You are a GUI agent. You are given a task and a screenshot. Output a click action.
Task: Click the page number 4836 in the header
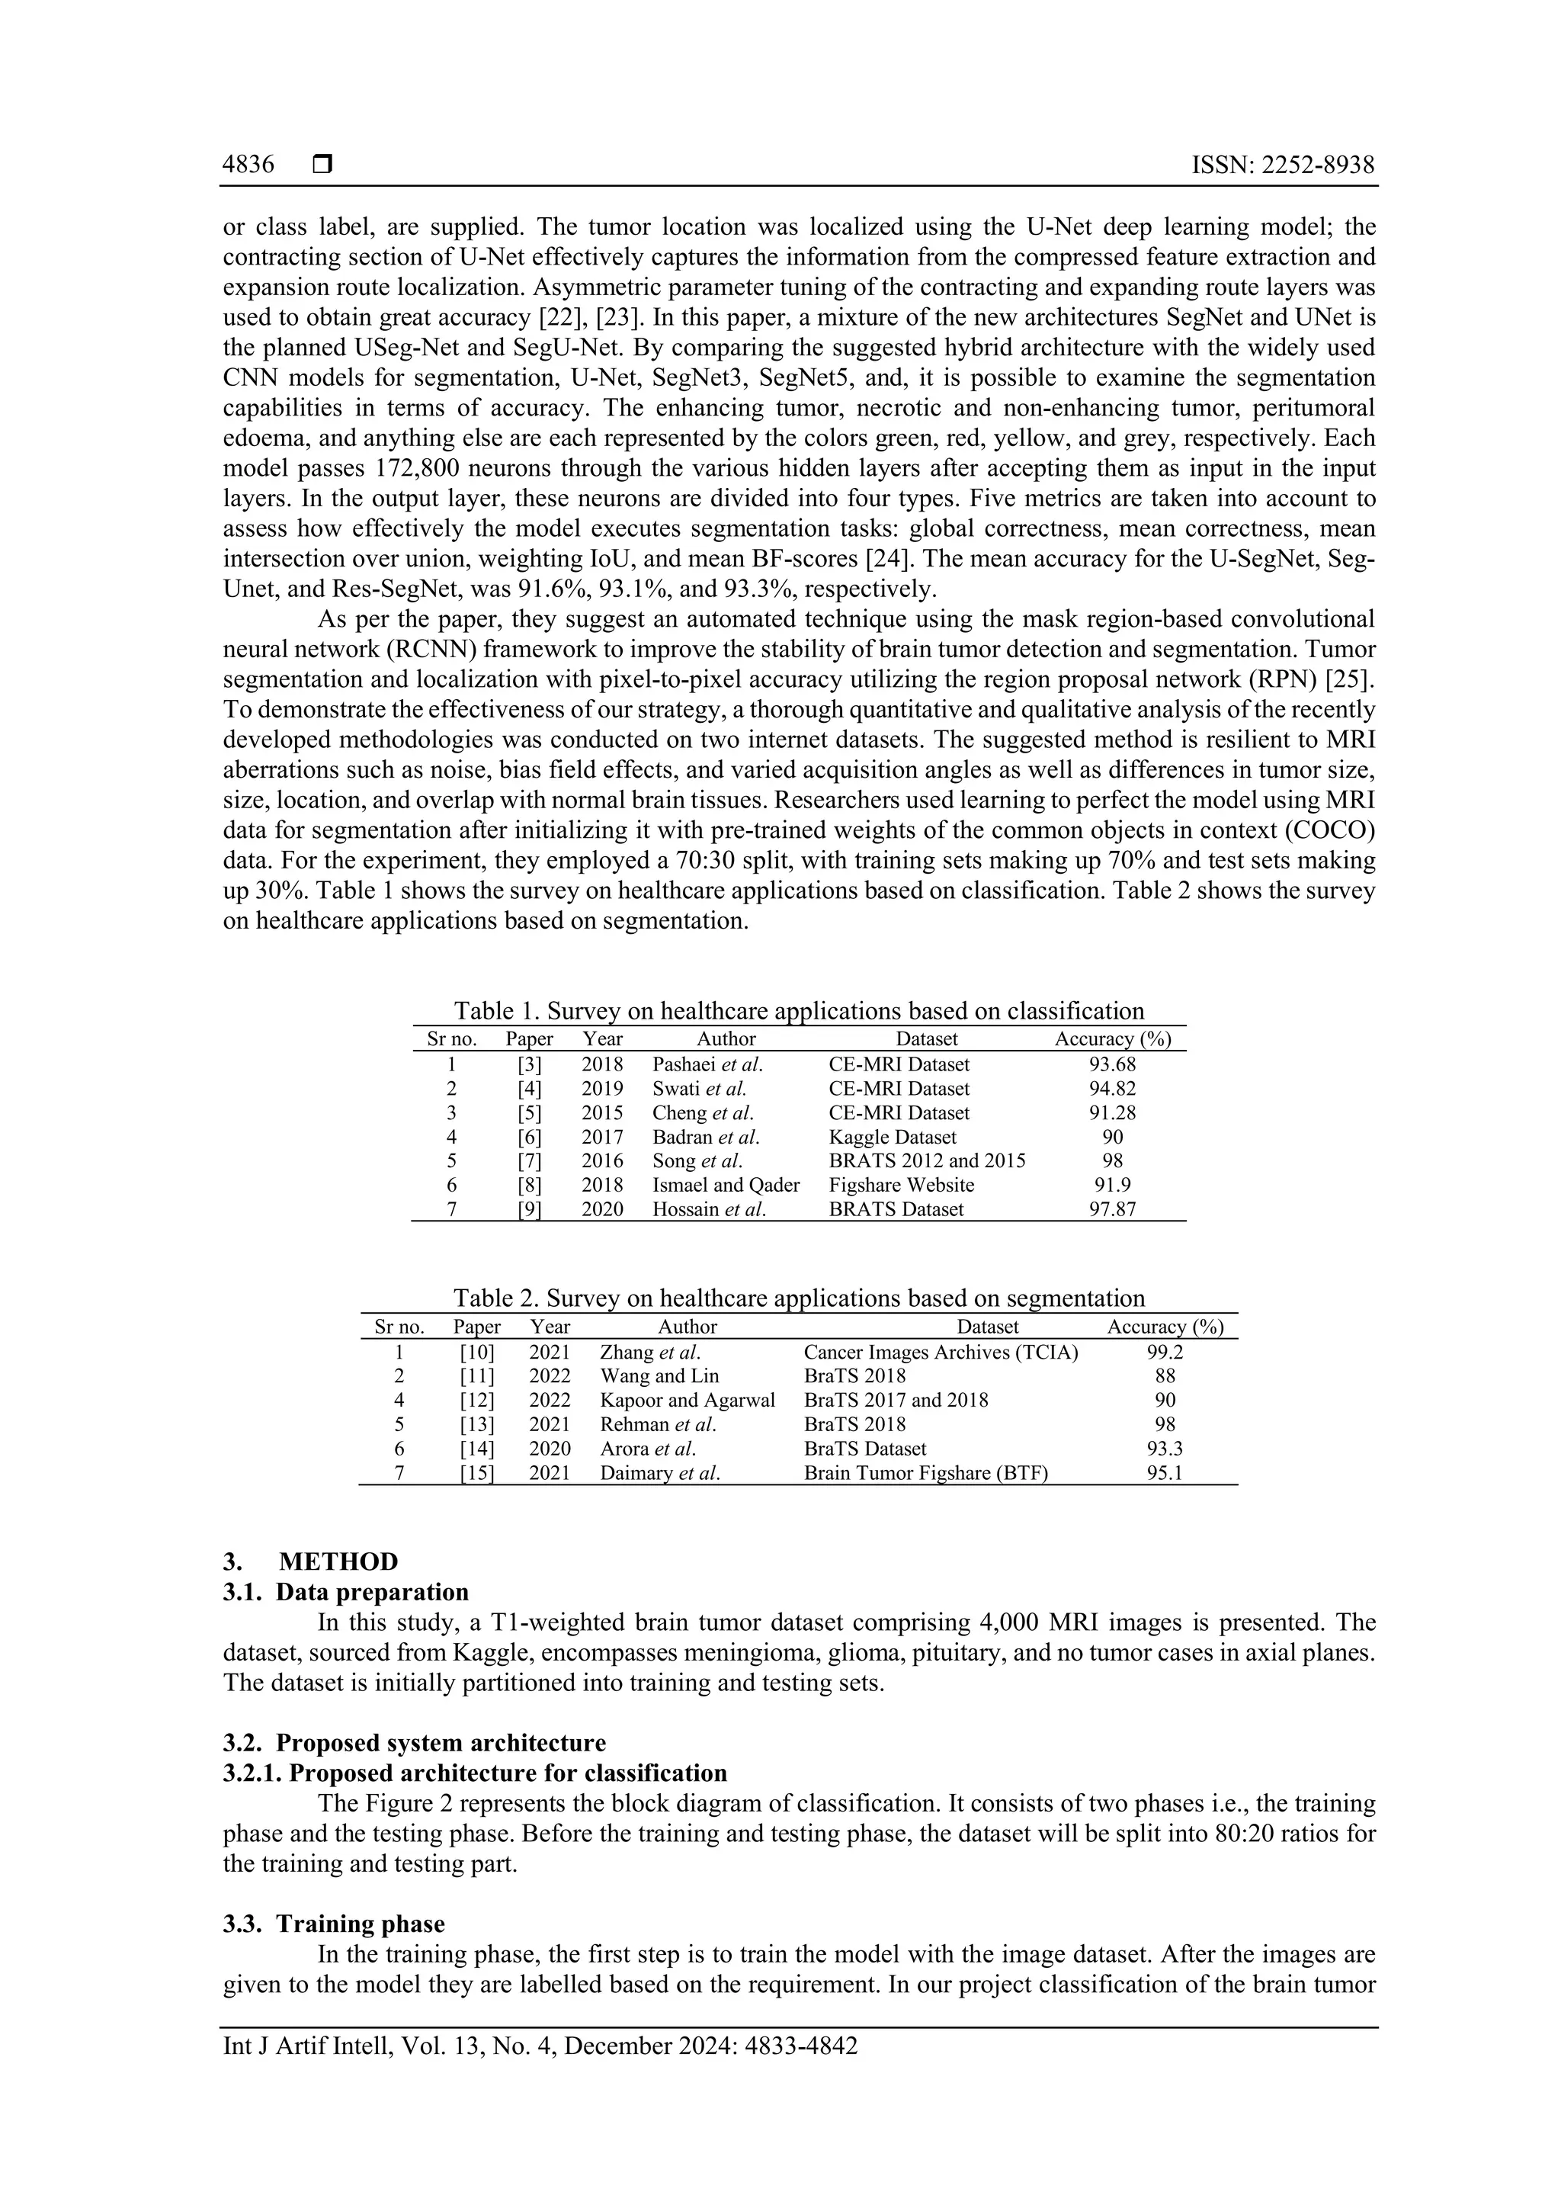point(248,165)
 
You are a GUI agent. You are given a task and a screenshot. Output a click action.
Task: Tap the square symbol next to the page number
point(322,165)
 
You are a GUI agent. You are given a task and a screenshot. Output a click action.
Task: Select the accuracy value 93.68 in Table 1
point(1112,1064)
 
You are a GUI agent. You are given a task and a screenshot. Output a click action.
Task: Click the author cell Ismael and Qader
point(726,1185)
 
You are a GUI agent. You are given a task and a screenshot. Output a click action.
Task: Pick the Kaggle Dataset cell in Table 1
point(892,1137)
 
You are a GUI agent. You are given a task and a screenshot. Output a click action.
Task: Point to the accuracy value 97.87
point(1112,1208)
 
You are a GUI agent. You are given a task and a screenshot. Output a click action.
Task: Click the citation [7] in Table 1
point(529,1160)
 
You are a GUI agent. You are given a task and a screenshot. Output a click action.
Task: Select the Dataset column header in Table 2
point(987,1327)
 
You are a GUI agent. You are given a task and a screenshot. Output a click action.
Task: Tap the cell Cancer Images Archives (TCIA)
point(940,1352)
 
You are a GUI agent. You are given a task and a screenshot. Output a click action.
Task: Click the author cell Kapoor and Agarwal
point(688,1400)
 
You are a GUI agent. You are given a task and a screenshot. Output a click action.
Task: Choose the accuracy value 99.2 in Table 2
point(1164,1352)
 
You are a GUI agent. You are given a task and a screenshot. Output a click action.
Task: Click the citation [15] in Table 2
point(476,1472)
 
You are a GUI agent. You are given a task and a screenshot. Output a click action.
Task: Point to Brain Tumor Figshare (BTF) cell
point(925,1472)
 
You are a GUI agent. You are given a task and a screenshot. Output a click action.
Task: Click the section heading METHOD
point(338,1561)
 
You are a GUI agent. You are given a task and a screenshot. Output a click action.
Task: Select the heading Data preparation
point(372,1591)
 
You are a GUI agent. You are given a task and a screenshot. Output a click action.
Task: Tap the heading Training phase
point(361,1924)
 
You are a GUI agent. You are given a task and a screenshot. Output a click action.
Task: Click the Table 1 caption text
point(799,1011)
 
